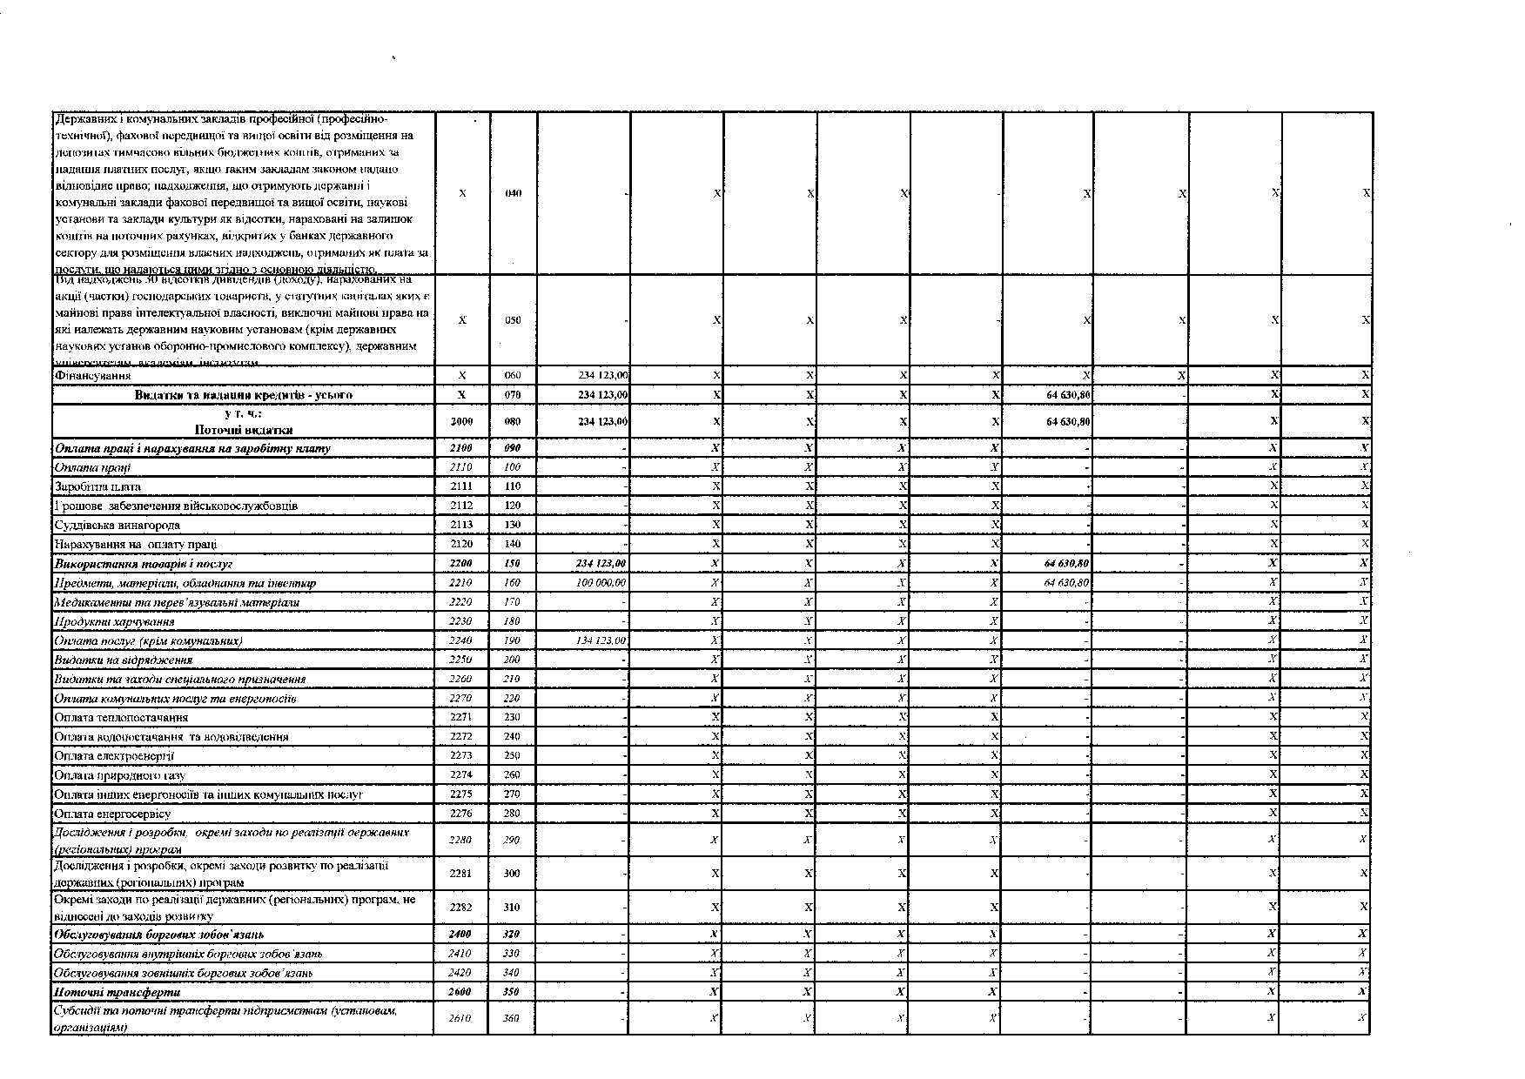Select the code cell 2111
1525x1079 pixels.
tap(461, 486)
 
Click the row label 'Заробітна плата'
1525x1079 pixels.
tap(97, 486)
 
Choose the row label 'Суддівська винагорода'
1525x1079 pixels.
tap(118, 525)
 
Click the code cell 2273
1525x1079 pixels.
tap(461, 756)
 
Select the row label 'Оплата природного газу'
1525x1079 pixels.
tap(119, 775)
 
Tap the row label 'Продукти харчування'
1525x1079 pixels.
tap(114, 621)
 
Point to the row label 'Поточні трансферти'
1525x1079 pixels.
tap(118, 992)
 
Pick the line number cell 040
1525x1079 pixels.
tap(513, 193)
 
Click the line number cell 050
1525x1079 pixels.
tap(513, 320)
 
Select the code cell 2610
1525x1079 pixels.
tap(461, 1017)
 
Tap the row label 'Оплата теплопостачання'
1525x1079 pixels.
tap(121, 718)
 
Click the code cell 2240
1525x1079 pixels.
tap(461, 640)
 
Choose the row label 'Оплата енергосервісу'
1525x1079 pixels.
tap(112, 814)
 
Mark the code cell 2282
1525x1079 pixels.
tap(461, 907)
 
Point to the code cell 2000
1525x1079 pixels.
tap(461, 421)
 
